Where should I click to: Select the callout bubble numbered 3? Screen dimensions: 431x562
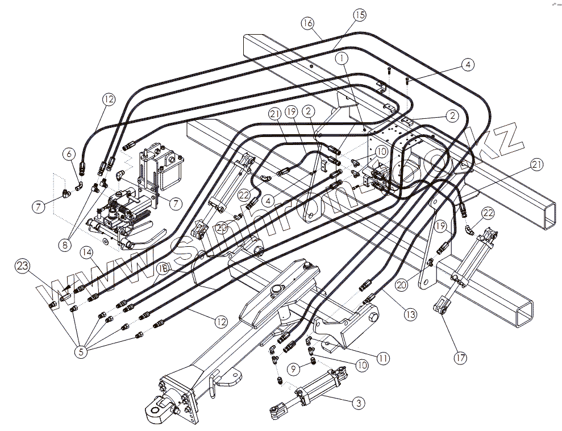point(357,403)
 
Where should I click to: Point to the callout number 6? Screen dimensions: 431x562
point(69,154)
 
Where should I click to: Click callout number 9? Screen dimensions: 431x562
point(293,368)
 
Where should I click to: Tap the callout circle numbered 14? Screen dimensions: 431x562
point(86,251)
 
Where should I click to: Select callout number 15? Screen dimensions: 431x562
point(359,14)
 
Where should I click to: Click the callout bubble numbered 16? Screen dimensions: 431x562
point(307,23)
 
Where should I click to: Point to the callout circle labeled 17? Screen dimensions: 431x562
point(460,358)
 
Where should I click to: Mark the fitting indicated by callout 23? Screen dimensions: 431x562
point(52,305)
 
